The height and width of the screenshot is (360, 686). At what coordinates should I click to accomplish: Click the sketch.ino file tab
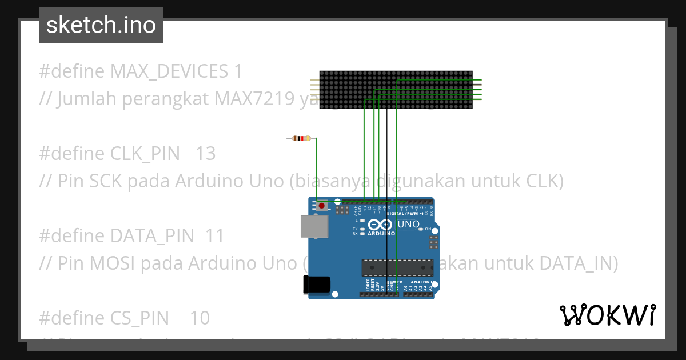pos(101,25)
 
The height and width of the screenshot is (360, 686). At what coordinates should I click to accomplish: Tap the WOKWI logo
pos(607,315)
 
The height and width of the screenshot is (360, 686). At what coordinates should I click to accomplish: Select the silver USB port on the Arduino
pos(315,226)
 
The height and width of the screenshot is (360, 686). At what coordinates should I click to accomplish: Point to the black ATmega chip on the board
pos(397,266)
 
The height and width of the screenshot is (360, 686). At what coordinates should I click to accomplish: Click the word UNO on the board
pos(408,225)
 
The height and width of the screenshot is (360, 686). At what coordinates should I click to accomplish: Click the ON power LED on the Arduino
pos(421,229)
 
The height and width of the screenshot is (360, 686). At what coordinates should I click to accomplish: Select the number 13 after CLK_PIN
pos(205,154)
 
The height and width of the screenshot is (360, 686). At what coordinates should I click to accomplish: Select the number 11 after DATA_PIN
pos(215,236)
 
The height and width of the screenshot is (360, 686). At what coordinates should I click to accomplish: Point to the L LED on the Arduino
pos(362,220)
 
